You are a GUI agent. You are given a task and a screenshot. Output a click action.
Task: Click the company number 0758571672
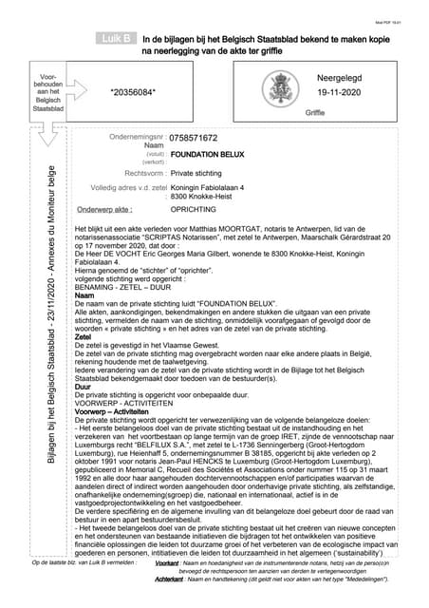198,138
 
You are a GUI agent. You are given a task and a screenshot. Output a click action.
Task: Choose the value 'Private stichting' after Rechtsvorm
200,174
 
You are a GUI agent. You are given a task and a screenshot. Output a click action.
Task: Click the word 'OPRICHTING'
195,208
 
